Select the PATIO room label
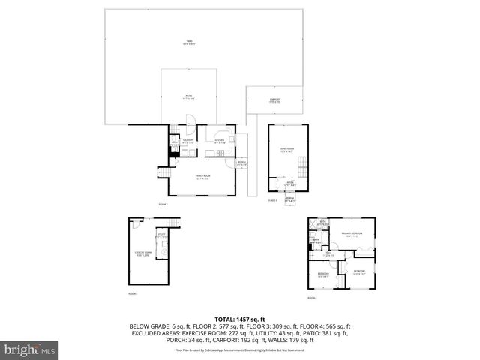click(190, 97)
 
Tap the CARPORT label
click(275, 100)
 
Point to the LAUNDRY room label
click(189, 141)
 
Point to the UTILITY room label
click(160, 235)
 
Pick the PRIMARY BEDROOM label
click(353, 235)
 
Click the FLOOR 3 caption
click(273, 201)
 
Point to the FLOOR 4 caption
click(312, 298)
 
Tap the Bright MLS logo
click(28, 349)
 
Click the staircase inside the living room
click(302, 166)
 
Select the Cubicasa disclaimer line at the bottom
click(239, 349)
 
